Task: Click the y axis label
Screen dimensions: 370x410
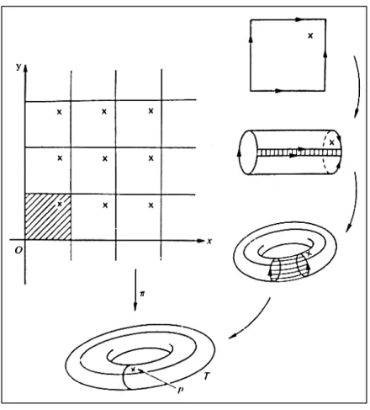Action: coord(18,67)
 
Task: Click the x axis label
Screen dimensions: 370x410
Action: coord(209,241)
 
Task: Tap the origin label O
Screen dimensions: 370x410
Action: coord(18,250)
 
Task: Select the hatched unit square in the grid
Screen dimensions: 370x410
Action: coord(48,216)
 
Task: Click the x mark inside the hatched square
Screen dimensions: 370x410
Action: coord(60,204)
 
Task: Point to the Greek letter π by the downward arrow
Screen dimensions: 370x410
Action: coord(142,294)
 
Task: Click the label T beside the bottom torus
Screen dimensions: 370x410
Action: coord(207,375)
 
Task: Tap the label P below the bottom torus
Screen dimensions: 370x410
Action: coord(180,390)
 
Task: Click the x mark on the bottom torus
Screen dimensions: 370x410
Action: coord(134,370)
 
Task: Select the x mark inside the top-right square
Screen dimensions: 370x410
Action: coord(310,35)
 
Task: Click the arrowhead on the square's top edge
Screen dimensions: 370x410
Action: coord(299,19)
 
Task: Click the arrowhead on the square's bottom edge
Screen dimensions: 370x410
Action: coord(278,91)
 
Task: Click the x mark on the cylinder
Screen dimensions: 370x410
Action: coord(332,142)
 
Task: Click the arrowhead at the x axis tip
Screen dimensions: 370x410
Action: coord(201,241)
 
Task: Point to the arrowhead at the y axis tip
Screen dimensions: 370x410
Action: coord(25,68)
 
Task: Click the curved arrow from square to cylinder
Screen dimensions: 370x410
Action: coord(357,87)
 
